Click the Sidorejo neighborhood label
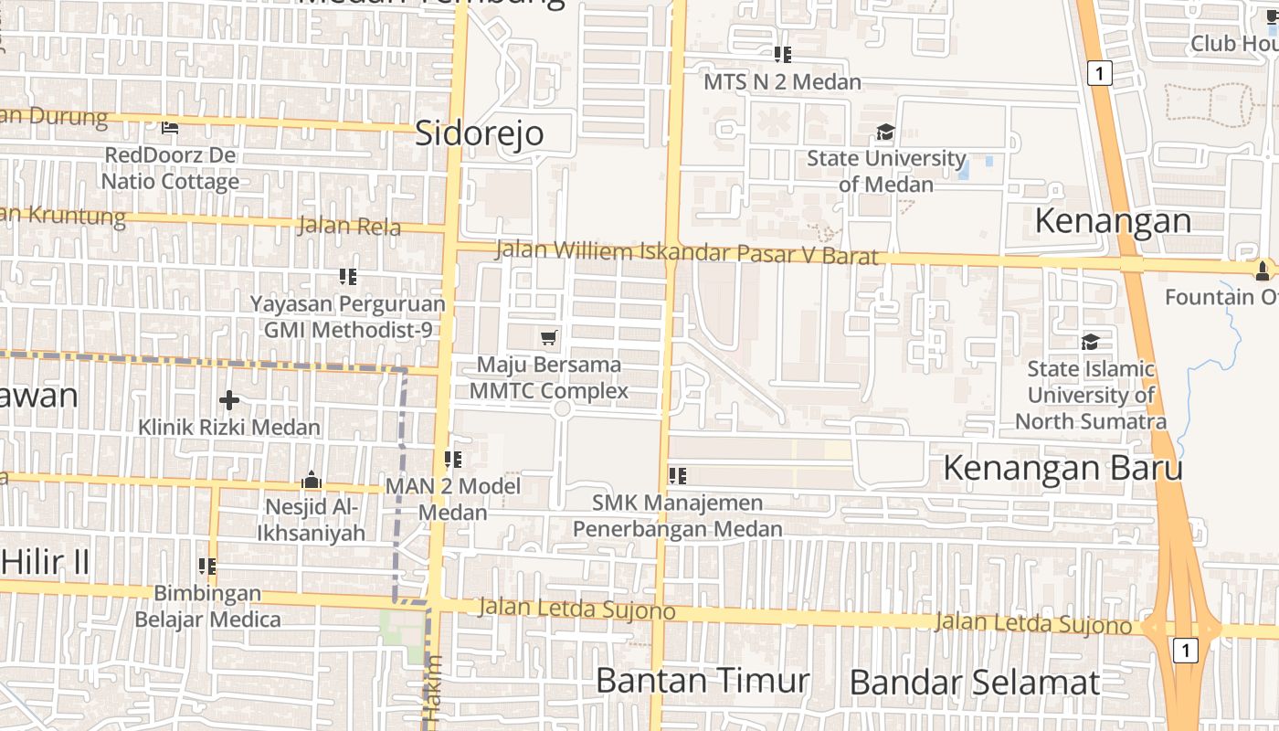[480, 133]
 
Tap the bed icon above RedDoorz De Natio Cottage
[170, 127]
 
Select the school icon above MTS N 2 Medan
[782, 55]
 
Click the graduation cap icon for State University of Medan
[885, 132]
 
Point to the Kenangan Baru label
[1062, 468]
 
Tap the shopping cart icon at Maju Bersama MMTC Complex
[549, 338]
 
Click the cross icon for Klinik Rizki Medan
[229, 400]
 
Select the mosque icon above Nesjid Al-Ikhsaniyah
[312, 480]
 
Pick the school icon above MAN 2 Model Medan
[453, 459]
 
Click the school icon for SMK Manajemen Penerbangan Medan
[678, 475]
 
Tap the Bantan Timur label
[703, 681]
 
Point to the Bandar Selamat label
[975, 683]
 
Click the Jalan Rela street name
[349, 226]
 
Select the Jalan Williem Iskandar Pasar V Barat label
[686, 252]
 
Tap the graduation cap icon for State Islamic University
[1090, 342]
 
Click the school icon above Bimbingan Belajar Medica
[207, 567]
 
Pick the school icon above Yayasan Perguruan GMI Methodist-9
[348, 276]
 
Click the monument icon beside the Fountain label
[1263, 270]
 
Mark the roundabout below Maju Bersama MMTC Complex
[562, 408]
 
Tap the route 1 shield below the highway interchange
[1184, 651]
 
